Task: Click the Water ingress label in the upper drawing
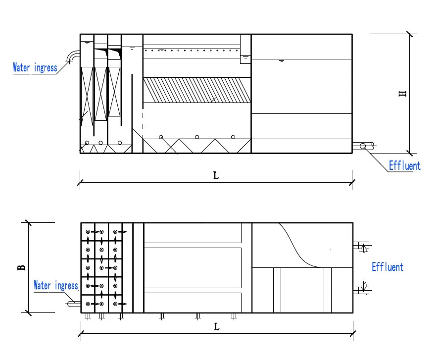pyautogui.click(x=35, y=68)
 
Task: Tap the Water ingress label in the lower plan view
pyautogui.click(x=55, y=286)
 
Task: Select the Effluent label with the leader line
pyautogui.click(x=404, y=166)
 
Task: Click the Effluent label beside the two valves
pyautogui.click(x=387, y=267)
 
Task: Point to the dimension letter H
pyautogui.click(x=403, y=93)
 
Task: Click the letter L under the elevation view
pyautogui.click(x=216, y=176)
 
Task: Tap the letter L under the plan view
pyautogui.click(x=216, y=326)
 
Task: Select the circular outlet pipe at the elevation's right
pyautogui.click(x=363, y=146)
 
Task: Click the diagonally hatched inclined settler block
pyautogui.click(x=197, y=90)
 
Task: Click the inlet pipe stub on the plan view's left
pyautogui.click(x=74, y=304)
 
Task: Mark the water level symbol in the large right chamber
pyautogui.click(x=282, y=61)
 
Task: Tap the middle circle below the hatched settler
pyautogui.click(x=197, y=137)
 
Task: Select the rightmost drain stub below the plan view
pyautogui.click(x=234, y=316)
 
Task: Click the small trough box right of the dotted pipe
pyautogui.click(x=245, y=59)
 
